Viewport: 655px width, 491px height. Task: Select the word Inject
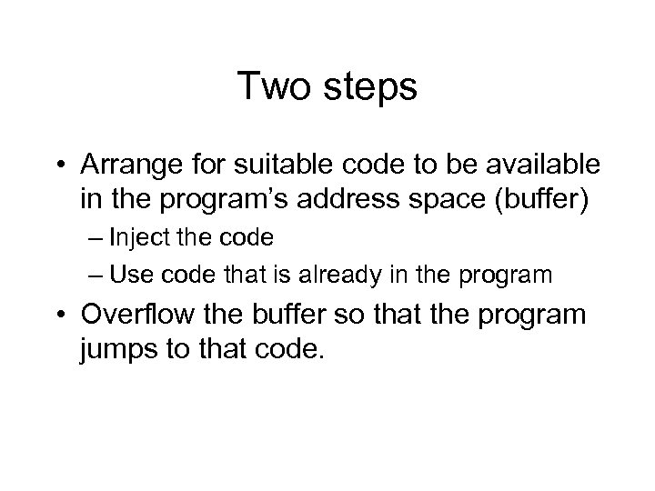click(136, 239)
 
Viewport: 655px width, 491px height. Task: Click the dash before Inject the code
click(97, 240)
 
